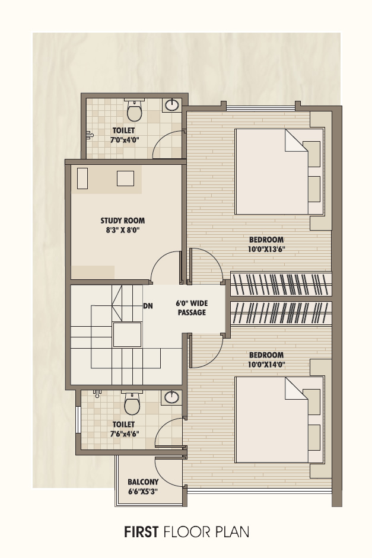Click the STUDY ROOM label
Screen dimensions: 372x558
pyautogui.click(x=122, y=221)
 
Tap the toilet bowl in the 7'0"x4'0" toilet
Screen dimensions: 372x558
pyautogui.click(x=135, y=111)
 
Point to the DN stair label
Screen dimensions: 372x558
pyautogui.click(x=148, y=306)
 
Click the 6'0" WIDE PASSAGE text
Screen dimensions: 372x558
pyautogui.click(x=192, y=308)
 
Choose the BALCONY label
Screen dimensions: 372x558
pyautogui.click(x=143, y=482)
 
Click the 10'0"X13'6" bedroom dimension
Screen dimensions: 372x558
pyautogui.click(x=266, y=249)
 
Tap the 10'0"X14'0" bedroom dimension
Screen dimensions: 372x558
pyautogui.click(x=266, y=365)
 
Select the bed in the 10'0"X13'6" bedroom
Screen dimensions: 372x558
pyautogui.click(x=279, y=171)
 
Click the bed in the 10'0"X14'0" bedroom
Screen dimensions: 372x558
pyautogui.click(x=279, y=420)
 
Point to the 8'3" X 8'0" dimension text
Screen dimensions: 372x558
pyautogui.click(x=122, y=230)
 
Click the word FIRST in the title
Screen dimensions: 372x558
pyautogui.click(x=141, y=532)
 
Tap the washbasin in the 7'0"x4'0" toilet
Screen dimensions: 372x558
pyautogui.click(x=172, y=105)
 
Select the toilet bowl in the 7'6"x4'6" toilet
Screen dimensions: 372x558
pyautogui.click(x=132, y=404)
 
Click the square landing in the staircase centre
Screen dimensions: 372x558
pyautogui.click(x=127, y=334)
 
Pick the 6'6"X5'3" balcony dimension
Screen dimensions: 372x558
pyautogui.click(x=143, y=492)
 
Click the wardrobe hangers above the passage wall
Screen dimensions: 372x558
pyautogui.click(x=281, y=285)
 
